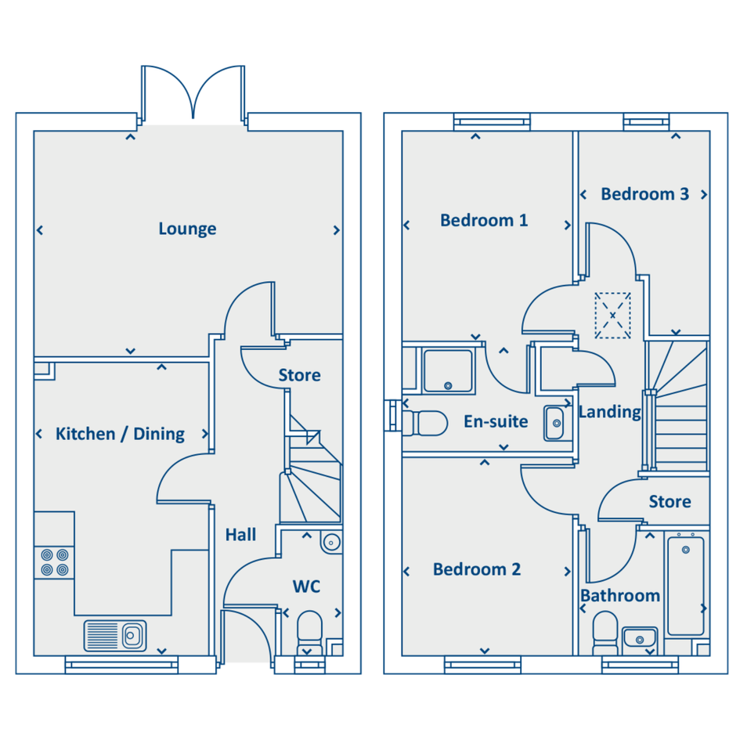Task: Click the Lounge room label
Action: pos(187,229)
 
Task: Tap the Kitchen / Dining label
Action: pos(120,434)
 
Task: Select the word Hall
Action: pos(240,535)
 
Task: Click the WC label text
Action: pos(306,587)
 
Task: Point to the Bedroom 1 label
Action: pos(484,220)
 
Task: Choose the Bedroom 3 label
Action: pos(644,194)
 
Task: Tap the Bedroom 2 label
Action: pos(477,569)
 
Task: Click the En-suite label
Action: pos(496,421)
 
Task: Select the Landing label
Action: pos(610,412)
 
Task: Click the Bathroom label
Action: pos(619,596)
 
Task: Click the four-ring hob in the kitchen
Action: pos(54,562)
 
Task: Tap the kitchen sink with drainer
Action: pos(115,636)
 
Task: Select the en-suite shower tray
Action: pos(448,371)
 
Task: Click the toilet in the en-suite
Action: pos(424,424)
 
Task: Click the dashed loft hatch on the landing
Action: pos(612,316)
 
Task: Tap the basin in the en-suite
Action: pos(554,424)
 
